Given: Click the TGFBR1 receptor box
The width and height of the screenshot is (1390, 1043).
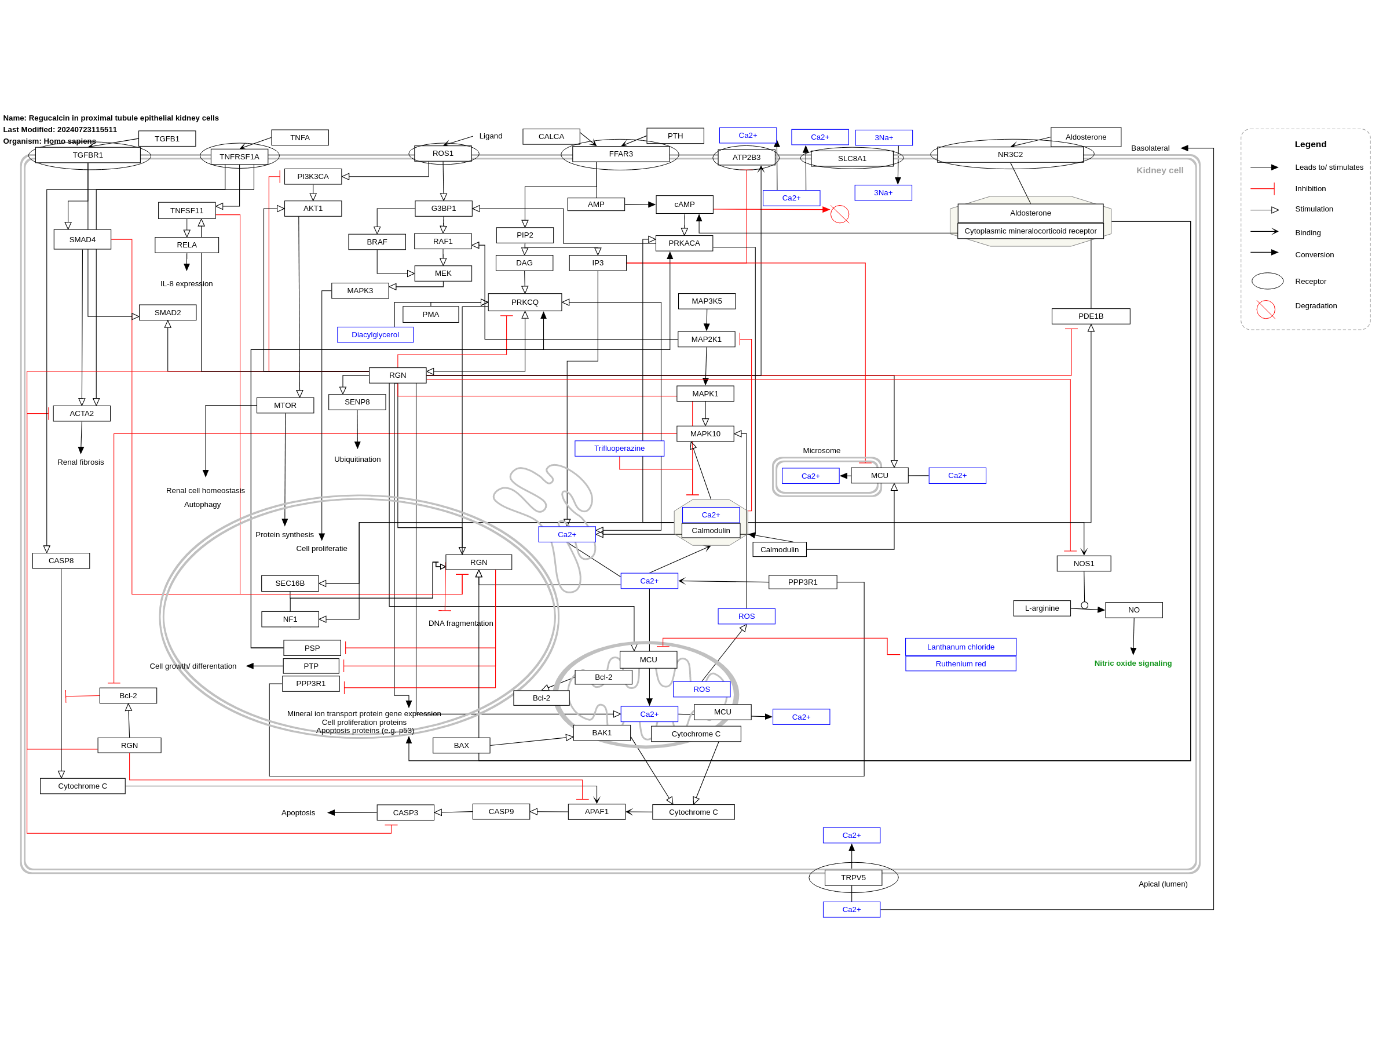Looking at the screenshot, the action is [x=88, y=155].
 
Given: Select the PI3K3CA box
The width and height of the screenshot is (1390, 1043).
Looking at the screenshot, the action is [x=313, y=177].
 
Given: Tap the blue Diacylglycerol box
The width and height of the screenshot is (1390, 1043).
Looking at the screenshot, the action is [x=375, y=334].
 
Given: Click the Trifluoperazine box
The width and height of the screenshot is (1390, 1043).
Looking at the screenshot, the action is [x=620, y=448].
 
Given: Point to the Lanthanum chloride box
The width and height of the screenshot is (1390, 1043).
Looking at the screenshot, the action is [x=961, y=647].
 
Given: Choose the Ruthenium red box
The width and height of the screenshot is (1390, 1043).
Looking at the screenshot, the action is [x=961, y=664].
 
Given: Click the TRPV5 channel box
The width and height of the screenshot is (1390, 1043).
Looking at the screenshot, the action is [x=853, y=878].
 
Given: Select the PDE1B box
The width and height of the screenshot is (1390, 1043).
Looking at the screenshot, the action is [x=1091, y=316].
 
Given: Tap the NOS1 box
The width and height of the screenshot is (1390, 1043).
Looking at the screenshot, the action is [x=1084, y=563].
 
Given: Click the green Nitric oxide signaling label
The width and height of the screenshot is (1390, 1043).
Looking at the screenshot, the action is [x=1133, y=663].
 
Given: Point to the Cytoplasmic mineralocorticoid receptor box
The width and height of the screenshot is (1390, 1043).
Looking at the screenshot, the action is [x=1030, y=231].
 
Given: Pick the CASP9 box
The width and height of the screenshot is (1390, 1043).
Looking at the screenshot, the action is [x=502, y=812].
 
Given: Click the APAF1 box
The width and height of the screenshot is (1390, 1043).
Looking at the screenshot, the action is [x=597, y=812].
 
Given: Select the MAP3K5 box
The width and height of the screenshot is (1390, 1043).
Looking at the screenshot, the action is [x=707, y=301].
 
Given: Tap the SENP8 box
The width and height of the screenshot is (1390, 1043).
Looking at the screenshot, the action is [x=357, y=402].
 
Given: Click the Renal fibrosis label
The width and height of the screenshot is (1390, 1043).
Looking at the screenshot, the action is [x=81, y=462].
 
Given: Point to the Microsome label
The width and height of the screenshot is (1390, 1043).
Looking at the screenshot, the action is [x=821, y=451].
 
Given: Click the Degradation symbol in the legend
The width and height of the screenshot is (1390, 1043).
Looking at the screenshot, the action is [x=1265, y=309].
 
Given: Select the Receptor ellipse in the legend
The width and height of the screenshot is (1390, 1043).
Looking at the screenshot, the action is [x=1267, y=281].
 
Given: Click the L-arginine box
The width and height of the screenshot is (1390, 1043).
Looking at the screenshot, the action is [x=1042, y=608].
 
